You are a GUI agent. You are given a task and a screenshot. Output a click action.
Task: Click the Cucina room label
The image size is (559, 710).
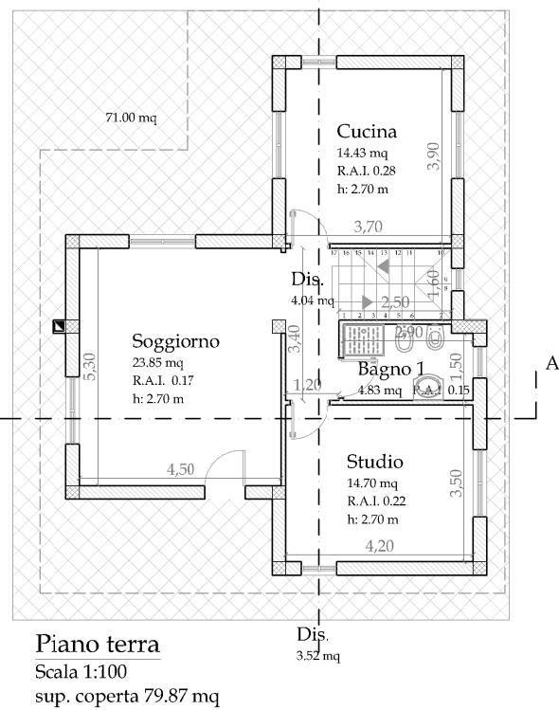366,131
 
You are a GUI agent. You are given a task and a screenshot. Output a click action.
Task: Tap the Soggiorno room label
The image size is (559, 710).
176,340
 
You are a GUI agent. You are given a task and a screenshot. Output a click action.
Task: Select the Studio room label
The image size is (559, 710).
375,462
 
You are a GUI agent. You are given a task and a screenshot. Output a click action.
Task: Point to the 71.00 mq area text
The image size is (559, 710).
131,118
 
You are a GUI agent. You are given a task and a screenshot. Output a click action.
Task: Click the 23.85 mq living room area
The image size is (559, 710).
157,361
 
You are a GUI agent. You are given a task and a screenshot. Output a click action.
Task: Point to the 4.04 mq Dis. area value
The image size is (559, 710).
313,300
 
